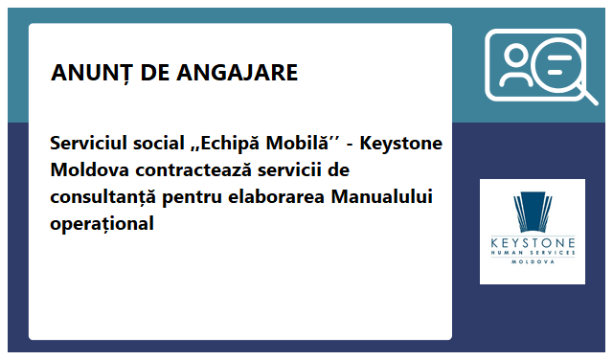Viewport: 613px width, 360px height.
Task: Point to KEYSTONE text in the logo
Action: coord(533,243)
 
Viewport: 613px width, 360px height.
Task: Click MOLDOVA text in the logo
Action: coord(533,260)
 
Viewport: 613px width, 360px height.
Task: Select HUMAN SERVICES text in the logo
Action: coord(533,253)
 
